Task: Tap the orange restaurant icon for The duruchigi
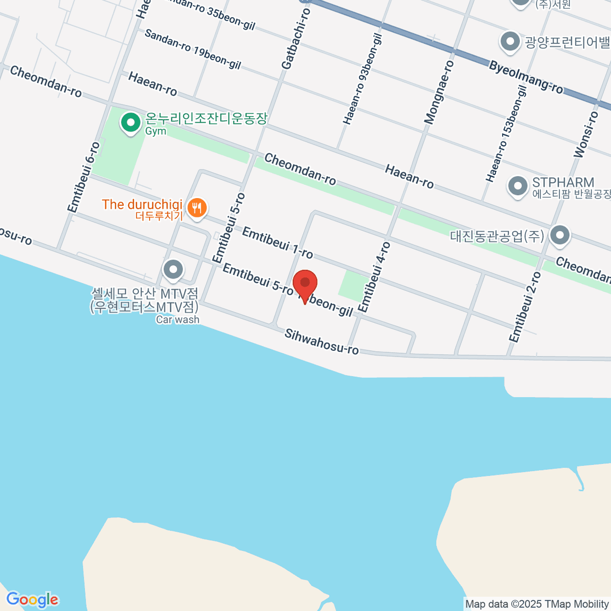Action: click(x=196, y=208)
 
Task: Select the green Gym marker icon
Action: click(x=131, y=123)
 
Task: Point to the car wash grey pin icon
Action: click(x=173, y=269)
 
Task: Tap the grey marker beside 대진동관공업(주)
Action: click(x=560, y=236)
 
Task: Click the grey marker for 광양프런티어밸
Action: click(x=510, y=42)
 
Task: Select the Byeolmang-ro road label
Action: click(x=526, y=77)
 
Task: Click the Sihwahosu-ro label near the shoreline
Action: click(x=321, y=342)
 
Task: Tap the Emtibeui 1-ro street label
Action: click(x=277, y=242)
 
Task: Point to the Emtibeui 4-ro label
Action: click(x=374, y=277)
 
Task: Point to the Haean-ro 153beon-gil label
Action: click(x=506, y=134)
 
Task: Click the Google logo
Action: click(x=32, y=600)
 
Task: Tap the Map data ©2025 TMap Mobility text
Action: click(x=537, y=604)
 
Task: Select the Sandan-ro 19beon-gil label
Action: click(x=192, y=49)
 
